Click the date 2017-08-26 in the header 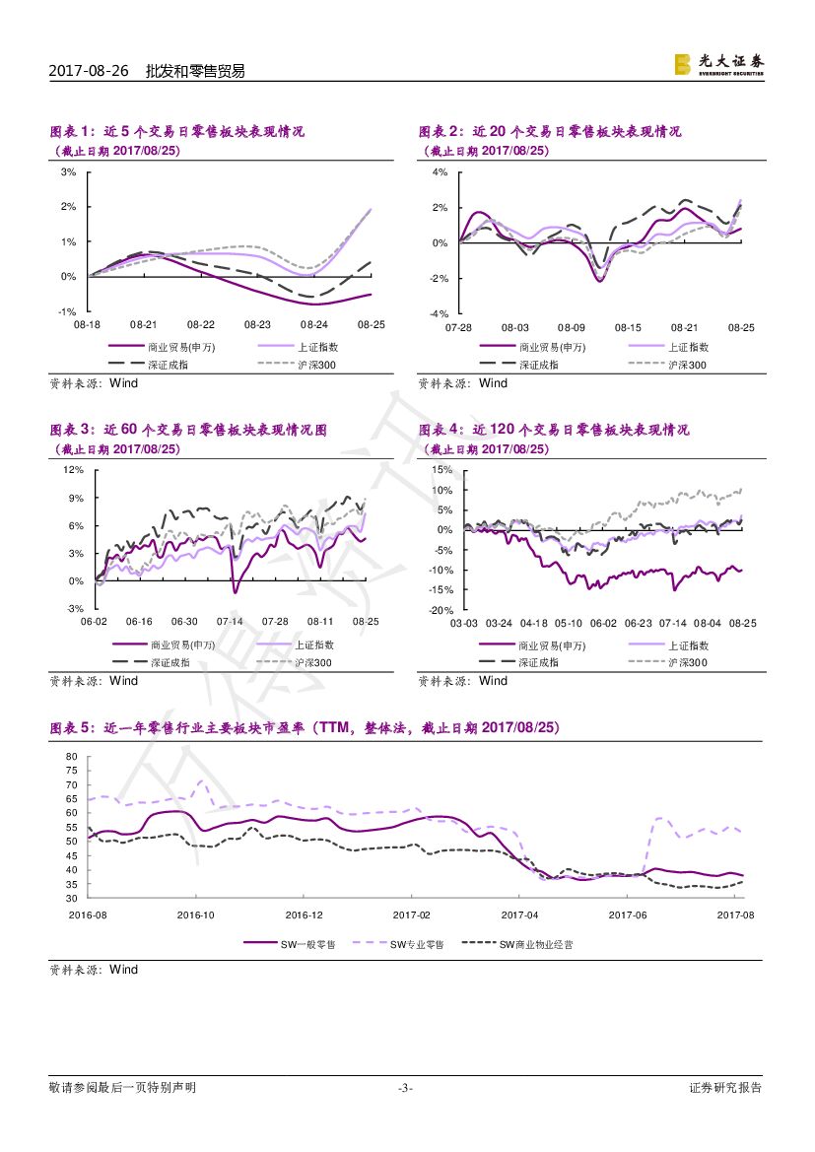[x=90, y=71]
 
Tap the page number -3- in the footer [x=405, y=1088]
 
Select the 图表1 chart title [x=177, y=131]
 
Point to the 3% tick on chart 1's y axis [x=69, y=172]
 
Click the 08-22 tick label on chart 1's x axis [x=201, y=324]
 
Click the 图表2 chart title [x=550, y=131]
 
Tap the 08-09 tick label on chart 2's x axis [x=572, y=327]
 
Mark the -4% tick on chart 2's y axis [x=439, y=313]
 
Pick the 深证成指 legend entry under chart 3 [x=169, y=662]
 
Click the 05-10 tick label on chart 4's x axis [x=568, y=624]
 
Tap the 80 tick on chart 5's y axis [x=71, y=756]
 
